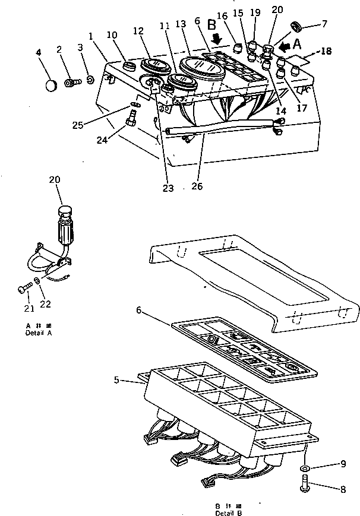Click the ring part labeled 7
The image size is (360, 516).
(x=296, y=26)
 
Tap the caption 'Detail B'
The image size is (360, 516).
(x=229, y=512)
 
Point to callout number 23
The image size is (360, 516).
(x=169, y=188)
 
